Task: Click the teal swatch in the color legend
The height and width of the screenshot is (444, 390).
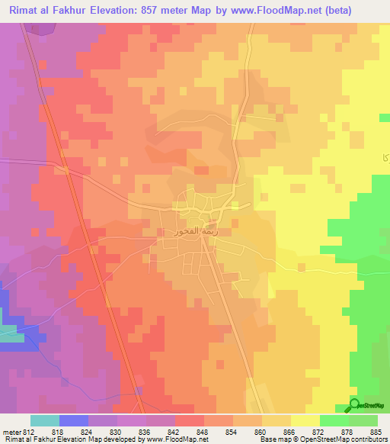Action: pyautogui.click(x=44, y=420)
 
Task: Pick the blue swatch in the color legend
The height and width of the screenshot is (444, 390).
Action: pyautogui.click(x=74, y=420)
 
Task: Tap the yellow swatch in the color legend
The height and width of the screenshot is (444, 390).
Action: pyautogui.click(x=305, y=420)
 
